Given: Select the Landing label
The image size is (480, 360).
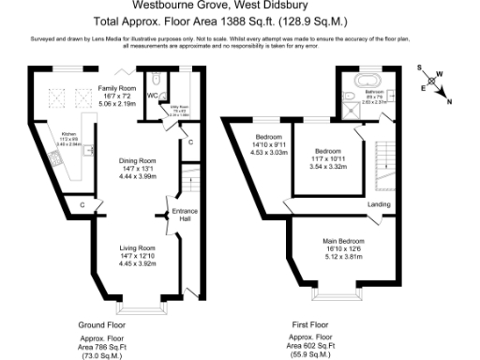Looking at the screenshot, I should pyautogui.click(x=379, y=203).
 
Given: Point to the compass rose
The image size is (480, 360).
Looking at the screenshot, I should pyautogui.click(x=434, y=85).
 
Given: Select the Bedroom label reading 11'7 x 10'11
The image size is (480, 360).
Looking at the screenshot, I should pyautogui.click(x=327, y=152).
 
